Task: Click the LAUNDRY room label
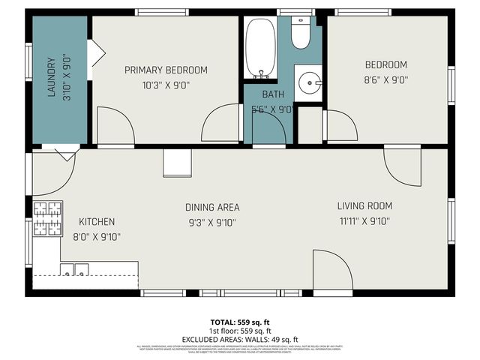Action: tap(52, 78)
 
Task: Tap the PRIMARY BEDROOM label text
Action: tap(166, 70)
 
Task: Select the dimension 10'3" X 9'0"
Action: tap(166, 85)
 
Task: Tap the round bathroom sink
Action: tap(309, 82)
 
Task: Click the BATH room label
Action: tap(273, 94)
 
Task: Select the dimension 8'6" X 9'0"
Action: tap(385, 79)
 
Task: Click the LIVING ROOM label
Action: tap(364, 206)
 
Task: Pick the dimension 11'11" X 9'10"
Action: tap(364, 221)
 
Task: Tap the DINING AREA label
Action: tap(212, 207)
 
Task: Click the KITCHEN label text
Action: tap(97, 222)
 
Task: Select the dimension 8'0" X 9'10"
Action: tap(97, 236)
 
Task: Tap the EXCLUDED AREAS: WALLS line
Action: tap(239, 338)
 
